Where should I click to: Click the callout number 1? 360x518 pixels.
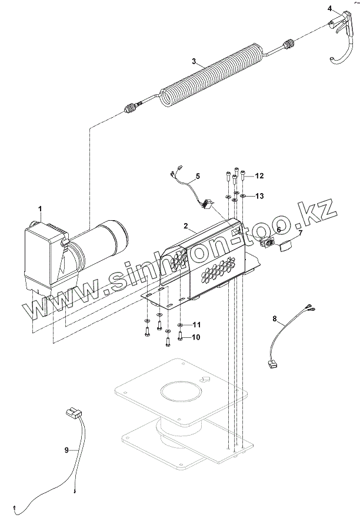tap(40, 209)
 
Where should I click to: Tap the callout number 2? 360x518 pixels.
tap(185, 226)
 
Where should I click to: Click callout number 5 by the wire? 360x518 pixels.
tap(198, 175)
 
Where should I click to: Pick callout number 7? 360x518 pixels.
tap(299, 233)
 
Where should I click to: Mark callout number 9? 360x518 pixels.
tap(66, 450)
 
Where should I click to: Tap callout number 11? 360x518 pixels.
tap(196, 324)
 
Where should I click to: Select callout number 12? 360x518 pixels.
tap(259, 176)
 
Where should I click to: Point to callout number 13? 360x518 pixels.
tap(259, 195)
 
